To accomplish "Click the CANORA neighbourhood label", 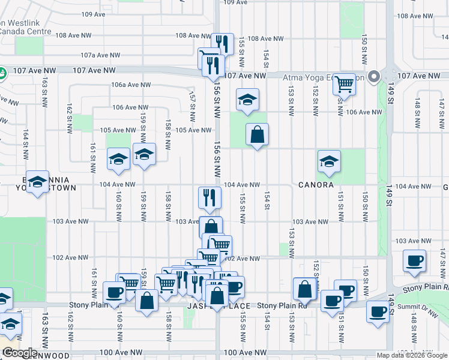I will (316, 185).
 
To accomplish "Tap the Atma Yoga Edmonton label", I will (324, 77).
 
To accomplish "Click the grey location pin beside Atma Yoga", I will (374, 77).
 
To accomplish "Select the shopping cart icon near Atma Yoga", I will (345, 83).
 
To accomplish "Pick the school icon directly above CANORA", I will (329, 161).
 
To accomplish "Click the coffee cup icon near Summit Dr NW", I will (378, 311).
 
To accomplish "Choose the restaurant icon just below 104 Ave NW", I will (209, 197).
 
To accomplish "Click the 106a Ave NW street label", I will (126, 85).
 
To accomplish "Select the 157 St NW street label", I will (192, 104).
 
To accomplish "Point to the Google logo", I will (20, 353).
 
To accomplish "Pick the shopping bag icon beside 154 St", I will (257, 135).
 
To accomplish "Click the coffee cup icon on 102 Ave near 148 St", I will (414, 260).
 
